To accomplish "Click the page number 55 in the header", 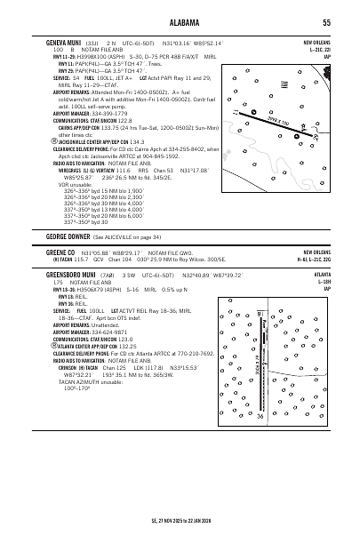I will pyautogui.click(x=327, y=22).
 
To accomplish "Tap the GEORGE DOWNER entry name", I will pyautogui.click(x=68, y=237).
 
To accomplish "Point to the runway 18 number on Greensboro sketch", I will pyautogui.click(x=258, y=315).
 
